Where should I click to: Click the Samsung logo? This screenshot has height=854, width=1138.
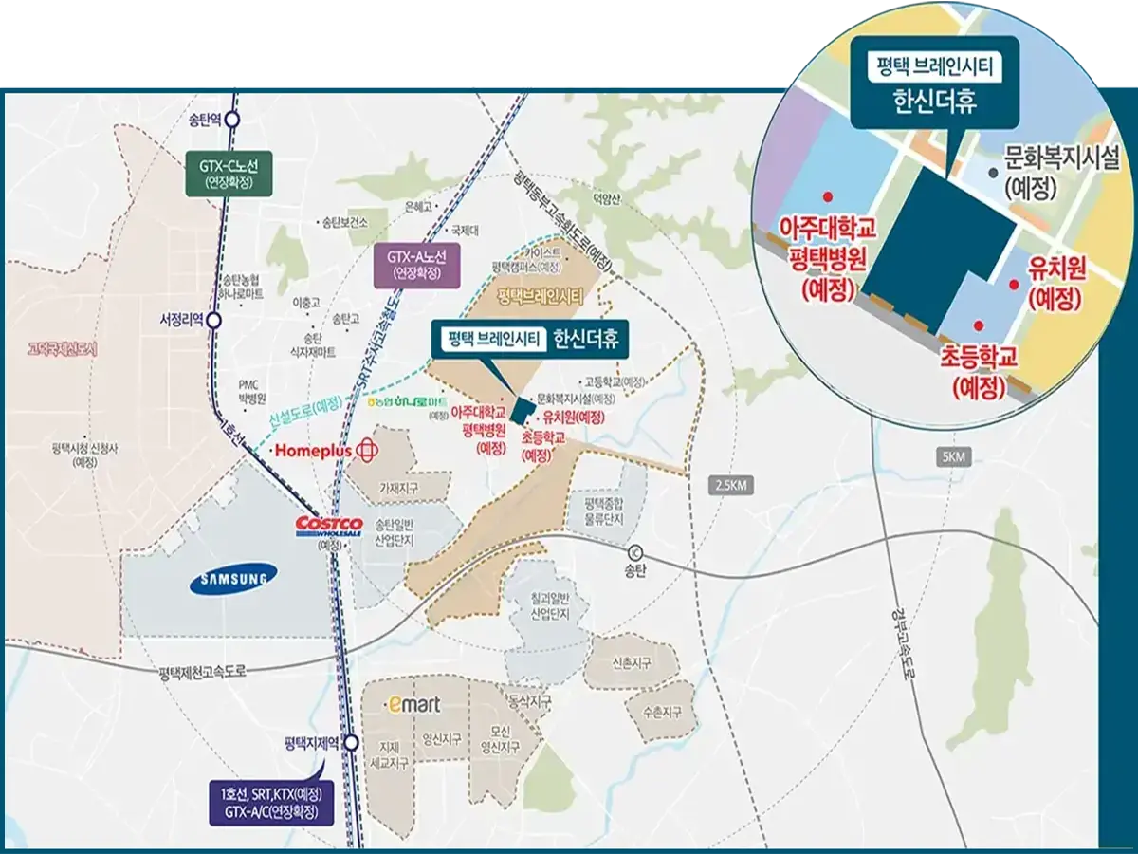(x=232, y=578)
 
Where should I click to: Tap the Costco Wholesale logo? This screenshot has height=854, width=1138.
(x=330, y=527)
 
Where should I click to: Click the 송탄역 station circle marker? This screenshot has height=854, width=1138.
(x=233, y=120)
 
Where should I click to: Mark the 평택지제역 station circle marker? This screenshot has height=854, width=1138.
(x=352, y=743)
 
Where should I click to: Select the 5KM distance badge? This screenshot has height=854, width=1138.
(x=953, y=457)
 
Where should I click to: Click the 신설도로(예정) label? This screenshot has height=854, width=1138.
(x=305, y=410)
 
